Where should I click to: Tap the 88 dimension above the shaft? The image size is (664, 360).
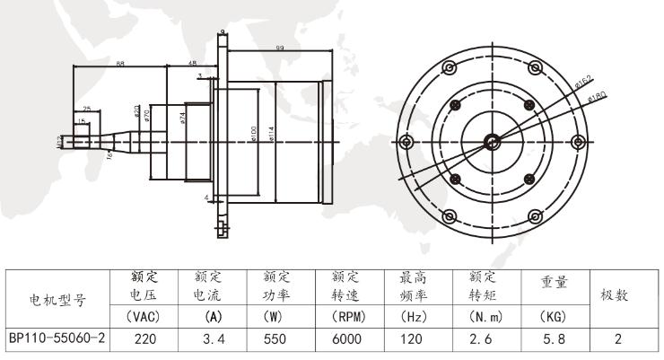click(x=119, y=62)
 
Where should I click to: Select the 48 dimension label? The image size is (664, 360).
click(x=193, y=62)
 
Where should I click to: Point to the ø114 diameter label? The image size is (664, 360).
click(x=270, y=133)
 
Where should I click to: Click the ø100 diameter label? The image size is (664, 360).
click(x=253, y=133)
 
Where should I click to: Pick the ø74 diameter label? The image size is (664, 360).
click(x=182, y=118)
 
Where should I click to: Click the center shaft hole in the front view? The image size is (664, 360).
click(x=493, y=142)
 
